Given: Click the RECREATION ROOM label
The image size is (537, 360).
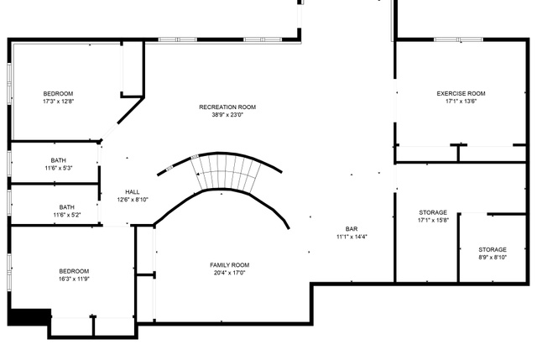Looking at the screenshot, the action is (227, 107).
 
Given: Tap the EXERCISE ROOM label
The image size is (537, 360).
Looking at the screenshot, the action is (461, 93).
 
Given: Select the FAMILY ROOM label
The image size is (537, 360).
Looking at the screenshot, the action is (229, 265).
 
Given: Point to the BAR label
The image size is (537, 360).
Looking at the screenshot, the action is (352, 229).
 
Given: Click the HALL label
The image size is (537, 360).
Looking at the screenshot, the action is (133, 192).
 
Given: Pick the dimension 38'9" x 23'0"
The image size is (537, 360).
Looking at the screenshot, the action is (227, 115).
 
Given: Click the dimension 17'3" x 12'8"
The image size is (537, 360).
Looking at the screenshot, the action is (58, 102).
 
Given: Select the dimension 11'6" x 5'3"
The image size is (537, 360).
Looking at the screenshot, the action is (59, 168).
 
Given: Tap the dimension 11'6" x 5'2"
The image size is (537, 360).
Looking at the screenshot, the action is (67, 215).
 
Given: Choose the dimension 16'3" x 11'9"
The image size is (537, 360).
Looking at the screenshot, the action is (74, 279).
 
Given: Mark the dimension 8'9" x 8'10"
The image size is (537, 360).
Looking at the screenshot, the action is (493, 258).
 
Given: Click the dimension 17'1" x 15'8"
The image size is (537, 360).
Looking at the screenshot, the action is (433, 220).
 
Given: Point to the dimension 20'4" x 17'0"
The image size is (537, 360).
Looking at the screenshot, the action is (229, 273).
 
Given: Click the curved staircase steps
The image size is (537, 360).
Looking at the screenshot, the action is (226, 171).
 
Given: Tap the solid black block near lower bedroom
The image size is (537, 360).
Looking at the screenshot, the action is (29, 317).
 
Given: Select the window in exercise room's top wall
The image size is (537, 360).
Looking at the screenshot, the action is (458, 39).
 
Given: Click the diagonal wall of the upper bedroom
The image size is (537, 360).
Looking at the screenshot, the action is (131, 111).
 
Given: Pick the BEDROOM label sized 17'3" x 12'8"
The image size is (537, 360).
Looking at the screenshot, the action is (58, 93).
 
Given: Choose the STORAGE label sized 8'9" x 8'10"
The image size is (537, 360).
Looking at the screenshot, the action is (493, 250).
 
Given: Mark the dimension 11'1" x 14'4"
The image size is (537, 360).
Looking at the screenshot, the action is (352, 237).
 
